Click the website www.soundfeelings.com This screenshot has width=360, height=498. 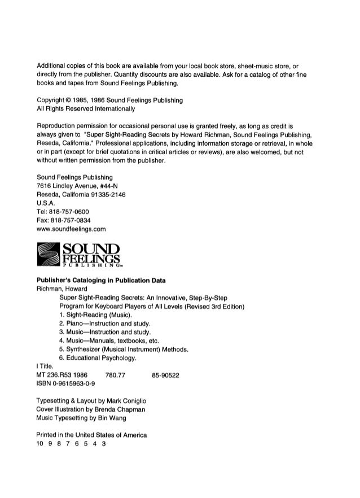[71, 230]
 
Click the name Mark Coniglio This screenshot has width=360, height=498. [122, 399]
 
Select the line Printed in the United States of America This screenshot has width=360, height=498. [91, 435]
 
